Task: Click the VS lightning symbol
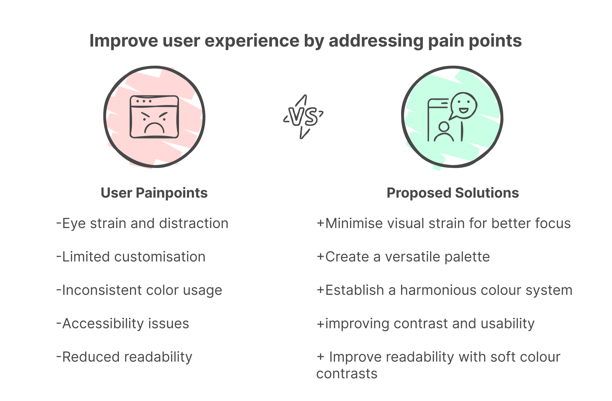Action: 303,117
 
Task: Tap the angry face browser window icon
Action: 154,117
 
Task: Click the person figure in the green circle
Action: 443,132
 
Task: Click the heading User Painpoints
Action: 154,193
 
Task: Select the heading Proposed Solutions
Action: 452,193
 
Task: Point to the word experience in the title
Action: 252,41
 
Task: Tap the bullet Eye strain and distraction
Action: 142,223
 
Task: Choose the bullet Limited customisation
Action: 131,257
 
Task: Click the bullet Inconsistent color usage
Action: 139,290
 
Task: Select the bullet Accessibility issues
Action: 123,323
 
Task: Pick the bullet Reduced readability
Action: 124,357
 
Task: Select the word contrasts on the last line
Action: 347,374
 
